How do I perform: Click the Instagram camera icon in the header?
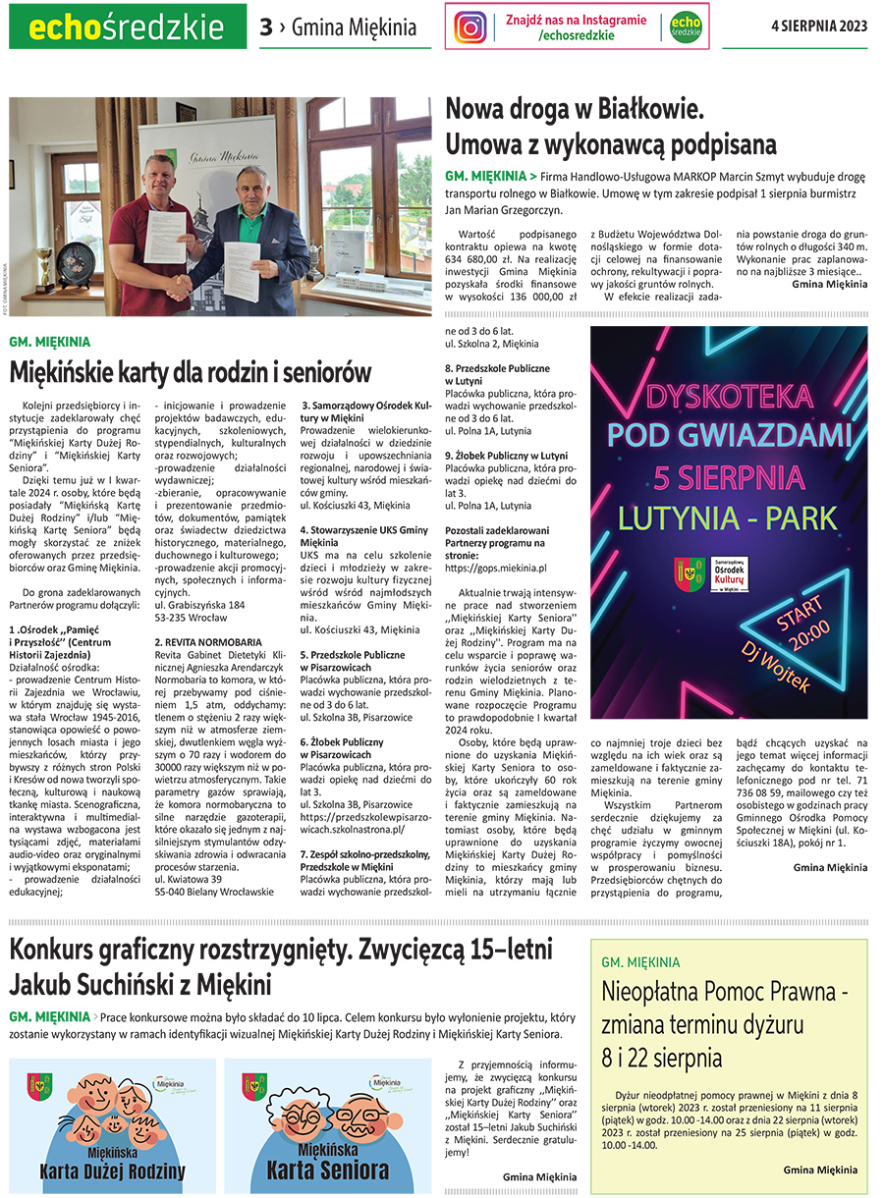(x=471, y=27)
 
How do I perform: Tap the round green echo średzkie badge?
(x=684, y=27)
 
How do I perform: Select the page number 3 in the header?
(x=265, y=27)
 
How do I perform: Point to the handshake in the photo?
(x=180, y=286)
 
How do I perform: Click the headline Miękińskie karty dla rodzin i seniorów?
(x=191, y=372)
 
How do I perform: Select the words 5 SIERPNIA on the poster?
(x=728, y=476)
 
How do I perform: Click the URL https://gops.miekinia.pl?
(x=495, y=568)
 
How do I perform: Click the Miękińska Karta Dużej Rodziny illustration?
(x=111, y=1123)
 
